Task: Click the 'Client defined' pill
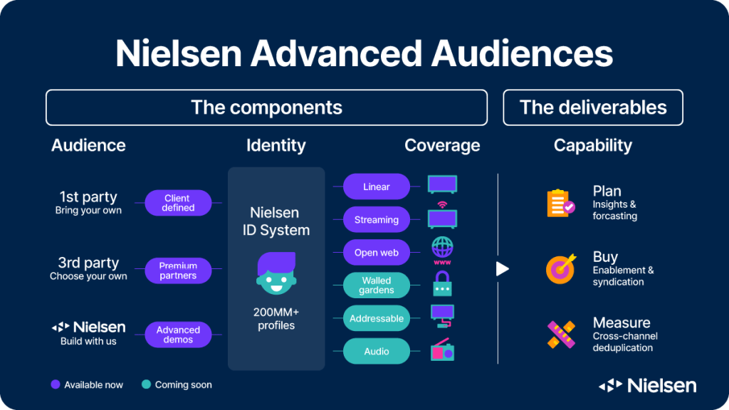pos(178,203)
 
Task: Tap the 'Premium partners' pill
pos(178,270)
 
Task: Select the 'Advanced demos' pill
pos(178,335)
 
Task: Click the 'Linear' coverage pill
pos(377,186)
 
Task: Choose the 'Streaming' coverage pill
pos(377,219)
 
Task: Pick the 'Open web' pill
pos(377,253)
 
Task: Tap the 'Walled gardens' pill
pos(377,285)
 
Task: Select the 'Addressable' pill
pos(377,318)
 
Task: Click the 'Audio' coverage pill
pos(377,352)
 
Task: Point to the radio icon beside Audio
pos(442,350)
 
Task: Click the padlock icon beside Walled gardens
pos(442,283)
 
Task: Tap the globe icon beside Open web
pos(442,251)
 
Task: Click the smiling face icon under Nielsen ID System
pos(276,273)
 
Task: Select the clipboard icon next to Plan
pos(561,203)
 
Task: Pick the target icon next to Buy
pos(561,268)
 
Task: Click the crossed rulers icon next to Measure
pos(561,335)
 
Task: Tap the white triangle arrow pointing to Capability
pos(502,268)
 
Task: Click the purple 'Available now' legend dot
pos(56,384)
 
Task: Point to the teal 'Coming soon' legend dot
pos(146,384)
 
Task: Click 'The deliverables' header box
pos(593,107)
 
